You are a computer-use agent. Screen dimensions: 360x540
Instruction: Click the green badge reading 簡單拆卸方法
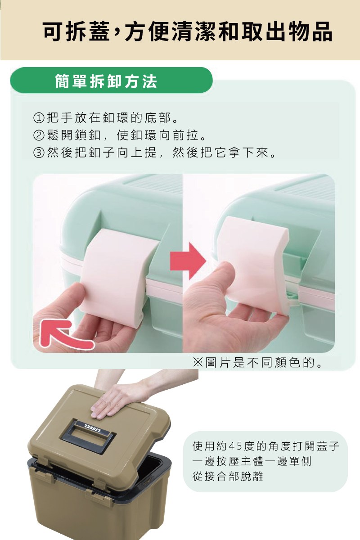point(111,80)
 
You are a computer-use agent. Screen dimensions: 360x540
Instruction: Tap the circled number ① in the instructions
point(39,118)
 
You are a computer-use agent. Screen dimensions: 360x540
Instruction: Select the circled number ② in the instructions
point(39,135)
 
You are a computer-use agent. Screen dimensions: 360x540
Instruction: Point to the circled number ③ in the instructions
point(39,153)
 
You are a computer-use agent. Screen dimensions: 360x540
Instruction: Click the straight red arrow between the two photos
point(188,261)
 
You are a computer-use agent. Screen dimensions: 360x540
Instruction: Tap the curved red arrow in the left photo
point(60,336)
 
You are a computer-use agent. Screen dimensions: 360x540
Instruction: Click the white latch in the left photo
point(118,277)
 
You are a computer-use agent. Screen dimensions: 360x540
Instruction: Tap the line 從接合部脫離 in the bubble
point(228,476)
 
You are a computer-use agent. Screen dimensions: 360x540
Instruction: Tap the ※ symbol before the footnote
point(198,363)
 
